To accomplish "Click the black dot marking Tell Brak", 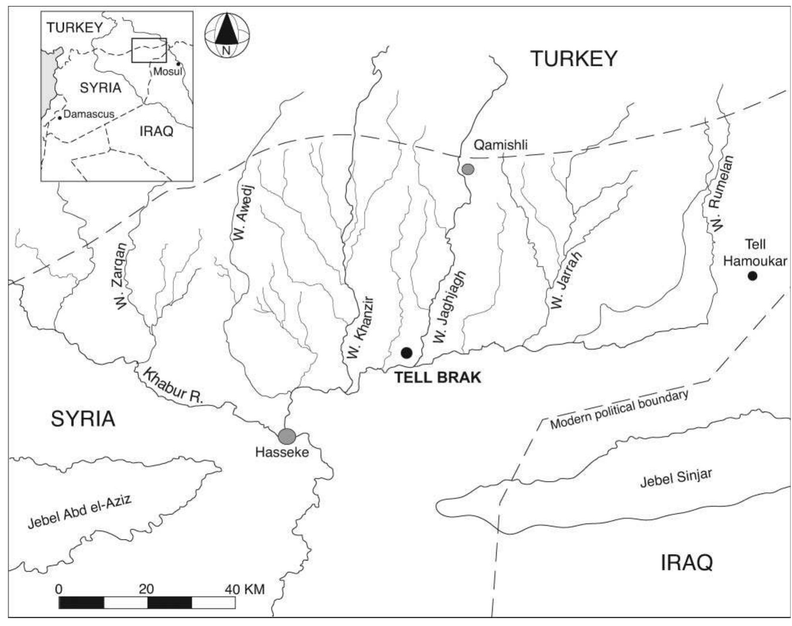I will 406,352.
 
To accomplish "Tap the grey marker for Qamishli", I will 468,169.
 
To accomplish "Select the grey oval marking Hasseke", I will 287,436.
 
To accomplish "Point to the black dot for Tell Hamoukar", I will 752,276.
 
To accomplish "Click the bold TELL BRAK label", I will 438,377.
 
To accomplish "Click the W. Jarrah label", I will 566,280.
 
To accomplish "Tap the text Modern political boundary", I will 619,410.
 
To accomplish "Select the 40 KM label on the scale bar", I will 245,589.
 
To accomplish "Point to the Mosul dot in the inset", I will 178,64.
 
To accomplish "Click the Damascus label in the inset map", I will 88,114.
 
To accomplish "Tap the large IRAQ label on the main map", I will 686,562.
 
